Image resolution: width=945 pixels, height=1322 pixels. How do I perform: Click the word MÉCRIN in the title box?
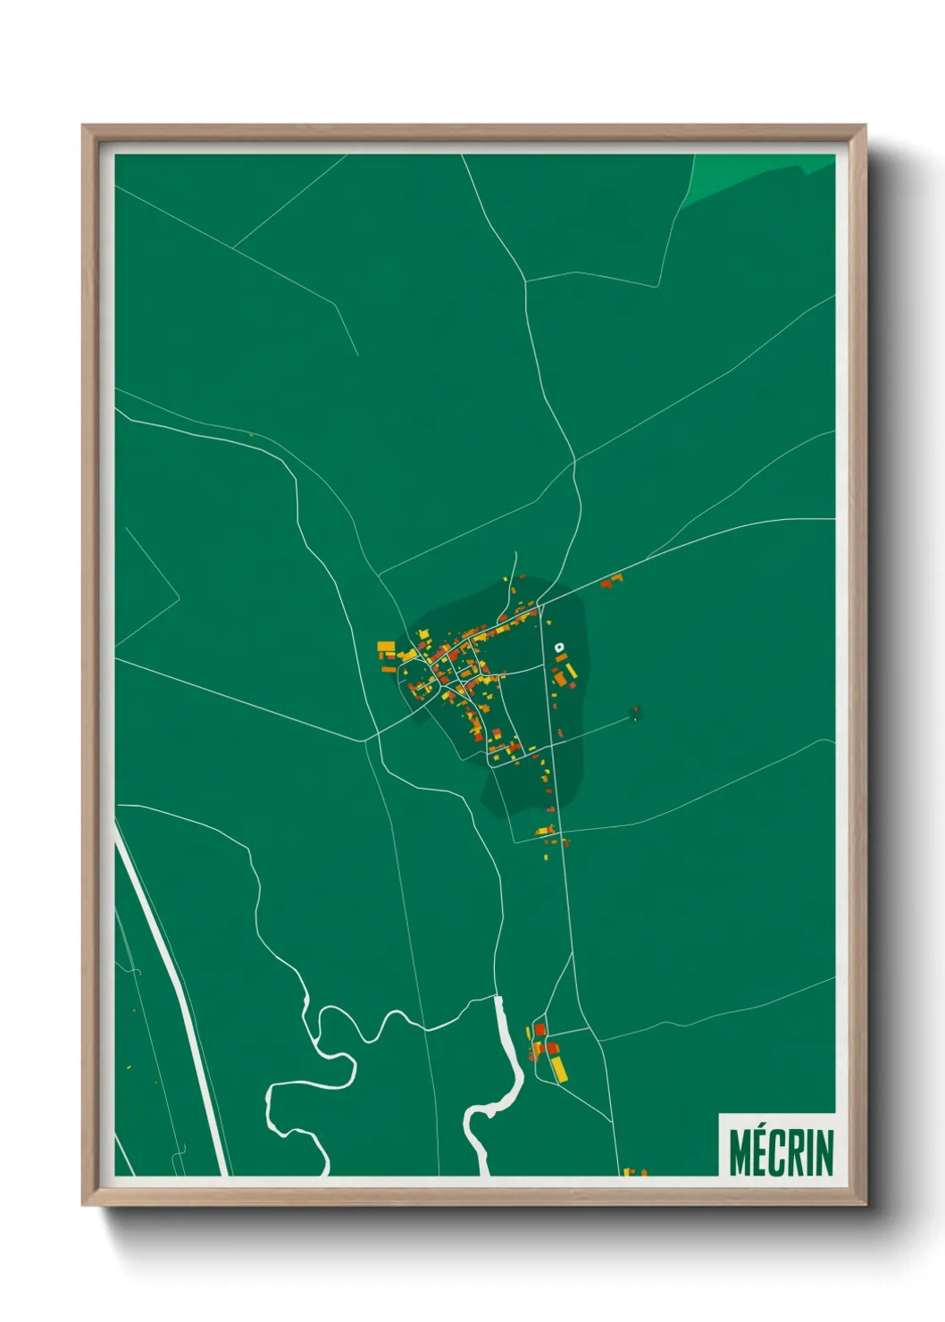(x=781, y=1152)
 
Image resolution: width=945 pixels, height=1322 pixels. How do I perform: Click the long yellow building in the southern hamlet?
(x=558, y=1068)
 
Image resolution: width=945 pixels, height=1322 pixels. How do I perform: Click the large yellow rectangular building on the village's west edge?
(x=386, y=646)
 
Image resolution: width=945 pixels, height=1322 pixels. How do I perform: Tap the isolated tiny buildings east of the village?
(x=635, y=713)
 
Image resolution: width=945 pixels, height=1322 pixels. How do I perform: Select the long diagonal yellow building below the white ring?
(x=571, y=670)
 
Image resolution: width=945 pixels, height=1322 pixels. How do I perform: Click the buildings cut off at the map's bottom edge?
(x=633, y=1171)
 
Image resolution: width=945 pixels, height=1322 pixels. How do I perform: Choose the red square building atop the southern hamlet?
(x=539, y=1030)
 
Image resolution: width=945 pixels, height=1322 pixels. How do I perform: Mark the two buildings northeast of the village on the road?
(x=612, y=582)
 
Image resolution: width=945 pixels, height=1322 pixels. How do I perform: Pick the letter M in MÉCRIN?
(x=740, y=1152)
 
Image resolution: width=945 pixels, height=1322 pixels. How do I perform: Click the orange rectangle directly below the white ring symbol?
(x=561, y=658)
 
